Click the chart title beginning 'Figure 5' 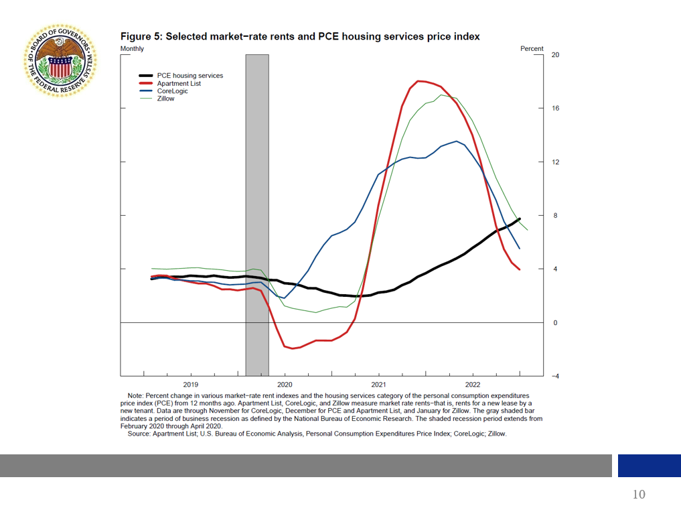click(x=299, y=36)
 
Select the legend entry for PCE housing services click(x=190, y=76)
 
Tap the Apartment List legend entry click(x=179, y=84)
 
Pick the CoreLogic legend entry click(x=172, y=91)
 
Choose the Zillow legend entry click(x=165, y=99)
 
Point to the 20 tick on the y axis click(x=555, y=55)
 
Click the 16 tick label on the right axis click(x=555, y=109)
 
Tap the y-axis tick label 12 click(x=555, y=162)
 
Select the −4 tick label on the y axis click(x=554, y=377)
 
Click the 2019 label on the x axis click(x=191, y=385)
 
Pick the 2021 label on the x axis click(x=378, y=385)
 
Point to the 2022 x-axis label click(x=473, y=385)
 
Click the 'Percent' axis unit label click(x=532, y=49)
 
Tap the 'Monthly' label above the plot click(x=132, y=49)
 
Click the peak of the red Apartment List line click(x=419, y=81)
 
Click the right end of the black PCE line click(x=520, y=219)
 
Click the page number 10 click(x=639, y=495)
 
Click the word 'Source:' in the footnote click(x=142, y=434)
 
